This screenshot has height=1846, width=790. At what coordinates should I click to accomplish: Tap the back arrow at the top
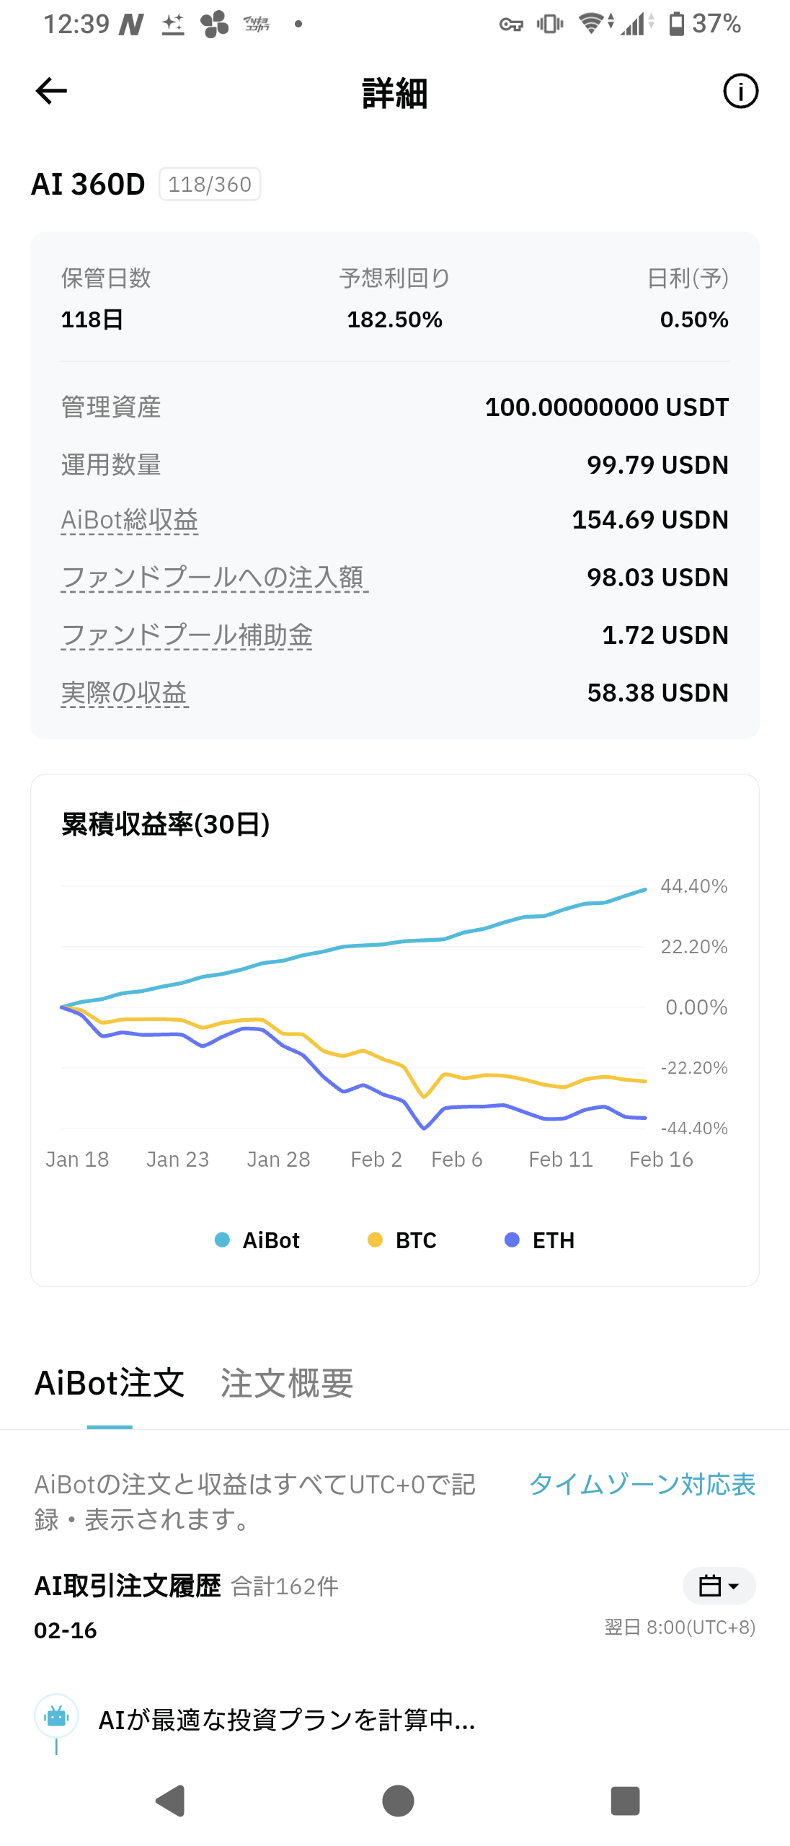pos(51,91)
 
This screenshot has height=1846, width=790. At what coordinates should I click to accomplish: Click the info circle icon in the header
pos(740,92)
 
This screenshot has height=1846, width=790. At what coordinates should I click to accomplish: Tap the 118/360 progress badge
pos(209,185)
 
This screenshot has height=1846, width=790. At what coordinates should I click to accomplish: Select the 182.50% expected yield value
pos(394,319)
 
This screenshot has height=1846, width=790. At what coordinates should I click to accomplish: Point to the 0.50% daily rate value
pos(693,319)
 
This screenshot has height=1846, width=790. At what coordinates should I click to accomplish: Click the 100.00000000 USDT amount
pos(606,407)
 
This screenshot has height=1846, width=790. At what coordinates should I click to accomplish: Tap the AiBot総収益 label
pos(130,520)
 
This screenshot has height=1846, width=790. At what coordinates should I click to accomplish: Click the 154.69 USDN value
pos(649,520)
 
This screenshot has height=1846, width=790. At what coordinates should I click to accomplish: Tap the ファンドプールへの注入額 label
pos(213,578)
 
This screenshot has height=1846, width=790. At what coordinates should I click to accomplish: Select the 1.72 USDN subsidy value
pos(665,635)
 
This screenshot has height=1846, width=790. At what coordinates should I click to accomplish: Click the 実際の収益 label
pos(124,693)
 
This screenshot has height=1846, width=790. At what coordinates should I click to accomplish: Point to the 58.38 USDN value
pos(657,693)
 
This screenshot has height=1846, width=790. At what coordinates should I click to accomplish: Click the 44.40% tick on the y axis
pos(693,886)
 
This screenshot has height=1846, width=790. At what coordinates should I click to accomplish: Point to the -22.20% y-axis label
pos(693,1068)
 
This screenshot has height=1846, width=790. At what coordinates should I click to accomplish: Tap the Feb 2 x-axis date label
pos(376,1160)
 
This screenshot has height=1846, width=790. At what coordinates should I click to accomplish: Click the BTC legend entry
pos(403,1240)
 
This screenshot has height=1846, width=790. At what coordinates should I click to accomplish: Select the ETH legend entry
pos(540,1240)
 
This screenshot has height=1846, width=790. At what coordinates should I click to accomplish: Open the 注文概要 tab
pos(286,1383)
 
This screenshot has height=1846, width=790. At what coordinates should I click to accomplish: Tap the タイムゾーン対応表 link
pos(642,1484)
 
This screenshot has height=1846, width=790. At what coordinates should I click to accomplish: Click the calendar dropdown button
pos(719,1586)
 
